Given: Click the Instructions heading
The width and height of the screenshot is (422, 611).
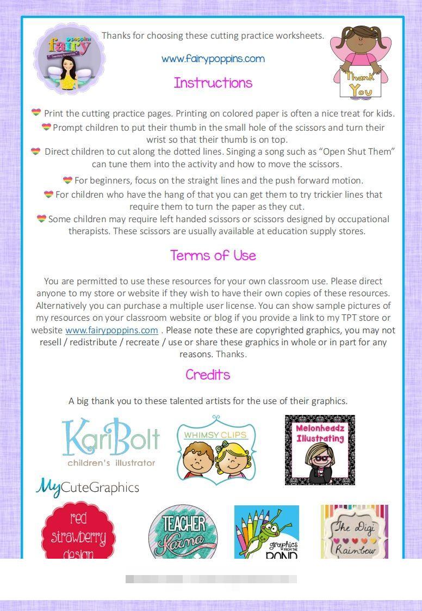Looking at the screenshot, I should (213, 83).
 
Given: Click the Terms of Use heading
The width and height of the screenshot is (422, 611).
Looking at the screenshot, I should (213, 255).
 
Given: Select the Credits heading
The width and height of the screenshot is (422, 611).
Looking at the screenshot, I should (207, 375).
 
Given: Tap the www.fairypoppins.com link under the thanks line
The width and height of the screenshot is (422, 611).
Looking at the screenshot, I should (213, 59).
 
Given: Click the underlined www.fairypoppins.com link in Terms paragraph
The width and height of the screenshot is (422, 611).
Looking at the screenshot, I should (111, 330).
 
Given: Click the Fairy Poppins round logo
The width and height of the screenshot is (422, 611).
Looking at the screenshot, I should (69, 59).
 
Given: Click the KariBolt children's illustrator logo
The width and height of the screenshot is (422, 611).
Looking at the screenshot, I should (111, 442).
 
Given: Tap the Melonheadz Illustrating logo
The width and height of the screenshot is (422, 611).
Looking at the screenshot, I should (320, 450).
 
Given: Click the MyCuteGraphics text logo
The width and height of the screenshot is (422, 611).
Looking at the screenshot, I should (88, 487).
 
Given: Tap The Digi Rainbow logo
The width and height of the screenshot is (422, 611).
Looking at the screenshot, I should (355, 532).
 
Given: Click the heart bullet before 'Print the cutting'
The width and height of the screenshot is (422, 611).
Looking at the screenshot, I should (36, 113).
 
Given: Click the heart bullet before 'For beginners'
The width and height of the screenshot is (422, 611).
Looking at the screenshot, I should (67, 180).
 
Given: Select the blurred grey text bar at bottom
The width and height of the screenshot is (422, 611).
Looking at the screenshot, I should (211, 579).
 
